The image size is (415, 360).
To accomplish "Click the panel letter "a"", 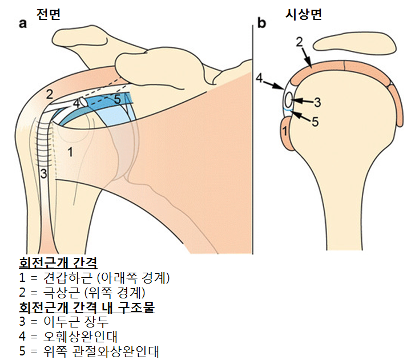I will [x=23, y=23].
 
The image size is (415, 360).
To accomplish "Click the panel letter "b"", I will [x=262, y=23].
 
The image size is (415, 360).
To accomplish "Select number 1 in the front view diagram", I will [x=70, y=152].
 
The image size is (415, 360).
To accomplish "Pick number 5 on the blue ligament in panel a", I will [x=116, y=99].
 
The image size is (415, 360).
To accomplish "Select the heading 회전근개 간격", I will [x=58, y=264].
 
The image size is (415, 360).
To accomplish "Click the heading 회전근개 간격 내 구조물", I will [x=87, y=308].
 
